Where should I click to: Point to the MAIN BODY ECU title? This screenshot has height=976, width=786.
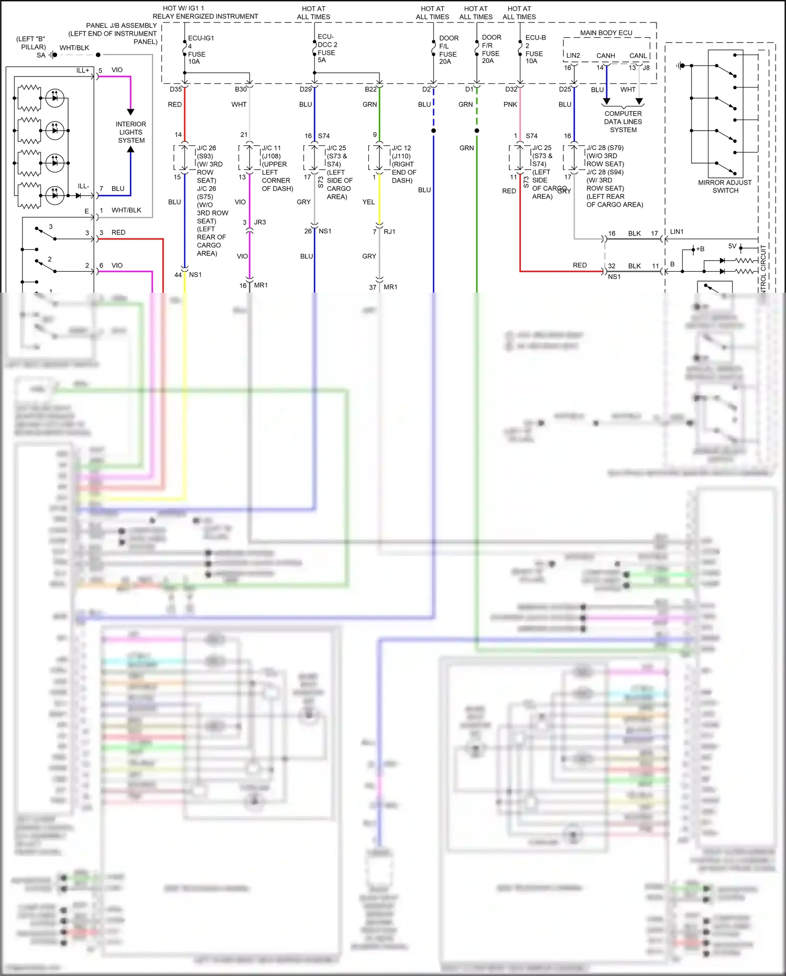point(606,33)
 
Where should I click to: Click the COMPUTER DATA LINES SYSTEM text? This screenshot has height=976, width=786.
point(623,122)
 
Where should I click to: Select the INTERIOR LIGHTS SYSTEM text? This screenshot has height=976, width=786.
point(131,132)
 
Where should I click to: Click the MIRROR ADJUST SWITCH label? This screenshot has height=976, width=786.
point(725,186)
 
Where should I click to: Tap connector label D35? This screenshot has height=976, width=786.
point(176,89)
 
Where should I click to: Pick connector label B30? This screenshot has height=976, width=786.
point(241,89)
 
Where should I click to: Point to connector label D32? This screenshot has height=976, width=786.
point(511,89)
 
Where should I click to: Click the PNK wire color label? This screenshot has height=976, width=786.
point(510,104)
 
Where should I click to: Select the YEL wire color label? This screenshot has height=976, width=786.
point(368,202)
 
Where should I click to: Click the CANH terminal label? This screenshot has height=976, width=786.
point(605,56)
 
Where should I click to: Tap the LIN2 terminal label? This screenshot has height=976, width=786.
point(573,56)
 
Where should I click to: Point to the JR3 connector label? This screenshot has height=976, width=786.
point(260,222)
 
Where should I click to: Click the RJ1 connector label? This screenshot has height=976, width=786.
point(389,231)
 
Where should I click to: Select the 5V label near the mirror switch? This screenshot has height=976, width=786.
point(732,246)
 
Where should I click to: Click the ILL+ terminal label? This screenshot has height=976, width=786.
point(83,70)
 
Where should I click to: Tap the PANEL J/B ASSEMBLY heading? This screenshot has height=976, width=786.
point(122,25)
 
